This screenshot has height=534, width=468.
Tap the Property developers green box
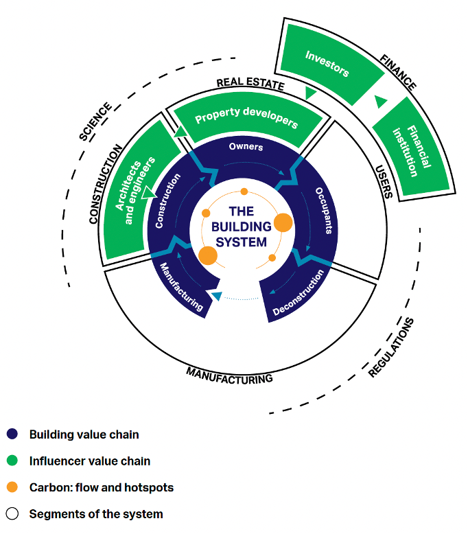246,117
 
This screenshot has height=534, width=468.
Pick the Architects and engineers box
135,189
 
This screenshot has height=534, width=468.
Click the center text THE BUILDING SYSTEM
239,227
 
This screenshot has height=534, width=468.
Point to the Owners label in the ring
246,146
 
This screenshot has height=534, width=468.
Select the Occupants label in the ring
323,210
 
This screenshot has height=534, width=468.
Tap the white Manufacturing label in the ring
182,287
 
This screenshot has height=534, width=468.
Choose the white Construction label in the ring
167,200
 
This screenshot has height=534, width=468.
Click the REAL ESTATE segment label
250,84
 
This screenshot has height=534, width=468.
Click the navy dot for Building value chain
12,434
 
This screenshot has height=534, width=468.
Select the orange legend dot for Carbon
12,488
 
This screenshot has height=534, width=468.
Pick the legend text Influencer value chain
89,461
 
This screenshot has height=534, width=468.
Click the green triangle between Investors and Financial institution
381,102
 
